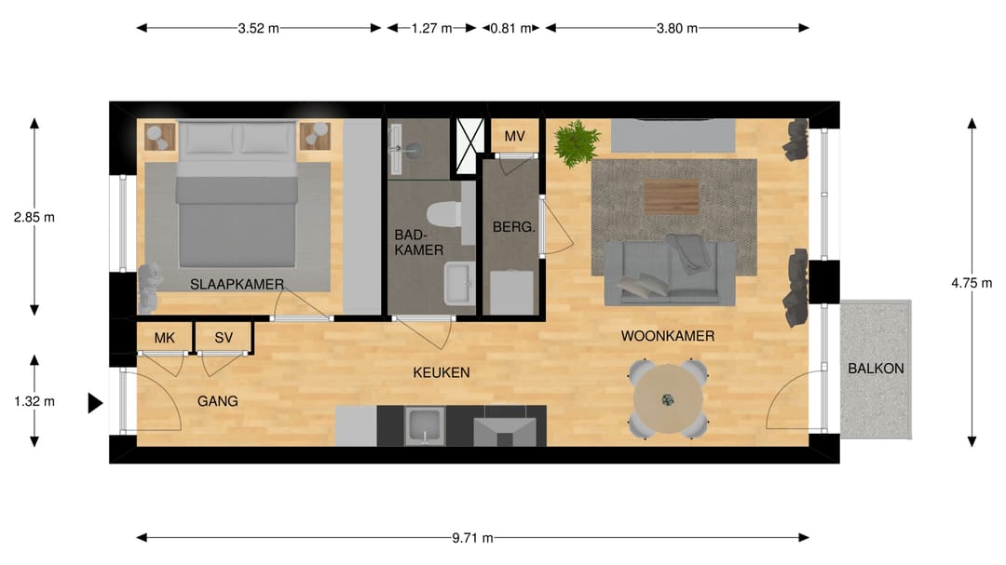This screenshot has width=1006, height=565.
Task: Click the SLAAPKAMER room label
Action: coord(237,284)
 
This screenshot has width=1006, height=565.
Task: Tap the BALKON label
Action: coord(876,369)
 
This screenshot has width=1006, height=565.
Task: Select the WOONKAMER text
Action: coord(667,336)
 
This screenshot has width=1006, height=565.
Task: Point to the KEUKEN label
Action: coord(442,372)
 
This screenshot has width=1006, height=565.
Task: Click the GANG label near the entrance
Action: coord(217,401)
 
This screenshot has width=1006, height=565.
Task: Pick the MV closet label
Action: coord(514,136)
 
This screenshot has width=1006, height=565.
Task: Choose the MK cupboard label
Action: coord(164,338)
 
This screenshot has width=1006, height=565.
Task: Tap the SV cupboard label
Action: coord(224,338)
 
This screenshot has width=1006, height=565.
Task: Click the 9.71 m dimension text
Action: coord(472,538)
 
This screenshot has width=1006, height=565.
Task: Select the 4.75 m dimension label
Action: coord(972,283)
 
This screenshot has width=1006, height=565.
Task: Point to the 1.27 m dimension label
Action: coord(432,28)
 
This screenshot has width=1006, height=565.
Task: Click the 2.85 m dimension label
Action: coord(34,218)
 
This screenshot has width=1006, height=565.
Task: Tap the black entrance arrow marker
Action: coord(95,403)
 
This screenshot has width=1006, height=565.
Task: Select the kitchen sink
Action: coord(424,425)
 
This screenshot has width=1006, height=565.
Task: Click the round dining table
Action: coord(667,399)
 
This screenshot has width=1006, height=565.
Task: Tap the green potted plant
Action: coord(577,143)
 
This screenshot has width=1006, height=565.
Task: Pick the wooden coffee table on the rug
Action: coord(672,197)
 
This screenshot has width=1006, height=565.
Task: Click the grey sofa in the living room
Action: coord(670,272)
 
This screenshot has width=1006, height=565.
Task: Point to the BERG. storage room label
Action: coord(513,227)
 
